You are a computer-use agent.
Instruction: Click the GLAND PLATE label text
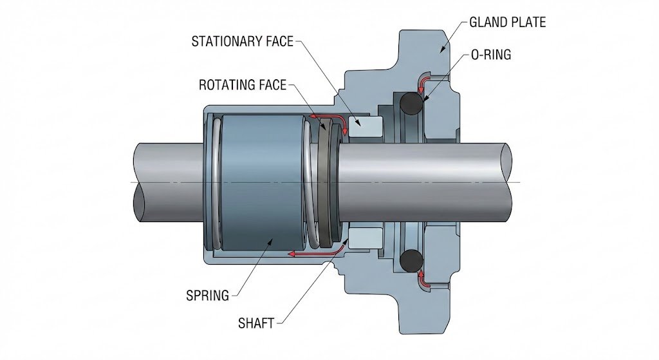click(x=507, y=23)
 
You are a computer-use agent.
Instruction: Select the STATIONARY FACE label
click(x=242, y=43)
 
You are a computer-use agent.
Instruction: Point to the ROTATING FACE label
click(x=242, y=85)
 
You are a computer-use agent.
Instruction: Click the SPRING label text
click(x=207, y=296)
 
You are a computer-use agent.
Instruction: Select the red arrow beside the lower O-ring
click(x=421, y=279)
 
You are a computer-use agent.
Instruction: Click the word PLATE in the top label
click(x=529, y=23)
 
